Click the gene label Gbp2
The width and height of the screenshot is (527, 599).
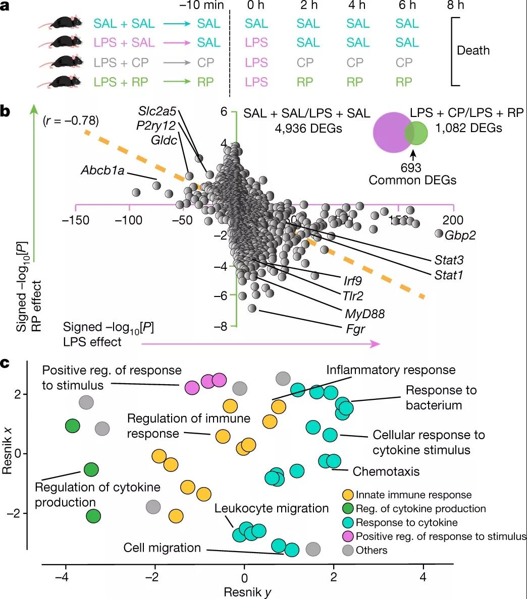click(460, 235)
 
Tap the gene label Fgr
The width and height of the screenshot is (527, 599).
click(355, 330)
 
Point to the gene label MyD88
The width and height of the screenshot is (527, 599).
click(364, 314)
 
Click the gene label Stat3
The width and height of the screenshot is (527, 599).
click(449, 260)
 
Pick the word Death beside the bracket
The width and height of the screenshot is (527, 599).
click(473, 50)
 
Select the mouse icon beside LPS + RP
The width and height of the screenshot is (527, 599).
click(63, 82)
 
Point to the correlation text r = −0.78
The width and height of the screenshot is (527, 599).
click(71, 121)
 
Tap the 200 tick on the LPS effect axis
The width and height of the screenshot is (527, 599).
click(453, 220)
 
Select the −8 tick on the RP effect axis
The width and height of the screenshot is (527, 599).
click(221, 327)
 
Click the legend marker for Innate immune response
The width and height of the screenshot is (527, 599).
click(348, 495)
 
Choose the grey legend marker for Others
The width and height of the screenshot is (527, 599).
click(348, 550)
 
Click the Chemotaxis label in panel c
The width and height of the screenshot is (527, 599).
click(386, 471)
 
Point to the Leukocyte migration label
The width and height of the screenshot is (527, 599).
click(272, 508)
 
